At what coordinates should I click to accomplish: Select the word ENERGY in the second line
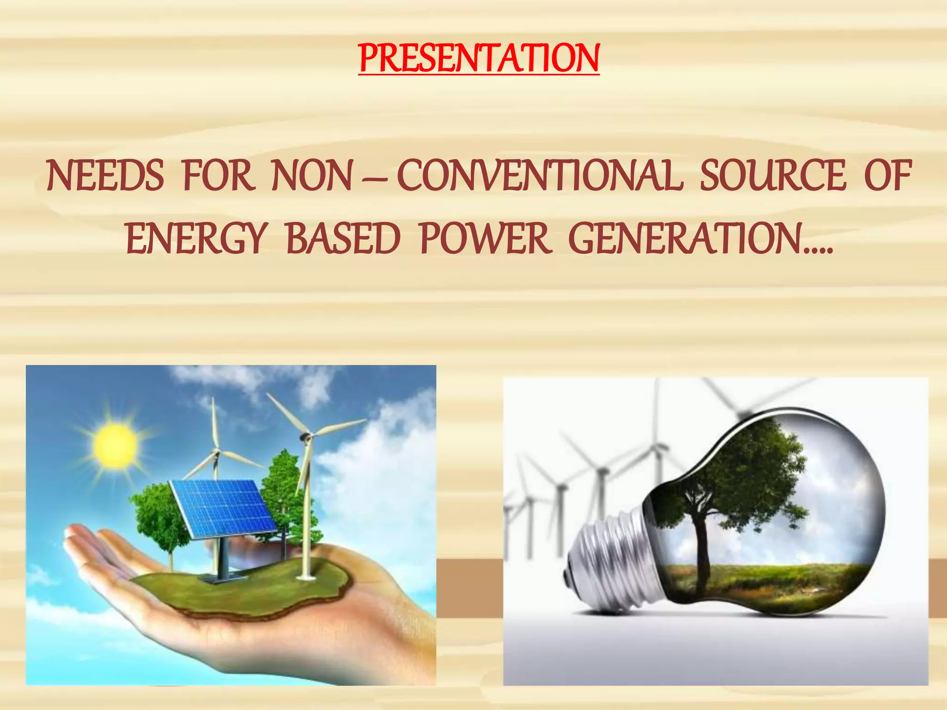click(197, 239)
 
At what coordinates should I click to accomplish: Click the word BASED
click(343, 239)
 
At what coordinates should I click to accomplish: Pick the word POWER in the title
click(485, 239)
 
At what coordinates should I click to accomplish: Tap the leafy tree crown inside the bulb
click(740, 471)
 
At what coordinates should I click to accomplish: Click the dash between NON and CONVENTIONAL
click(375, 178)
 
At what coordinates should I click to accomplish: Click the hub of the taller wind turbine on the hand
click(306, 436)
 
